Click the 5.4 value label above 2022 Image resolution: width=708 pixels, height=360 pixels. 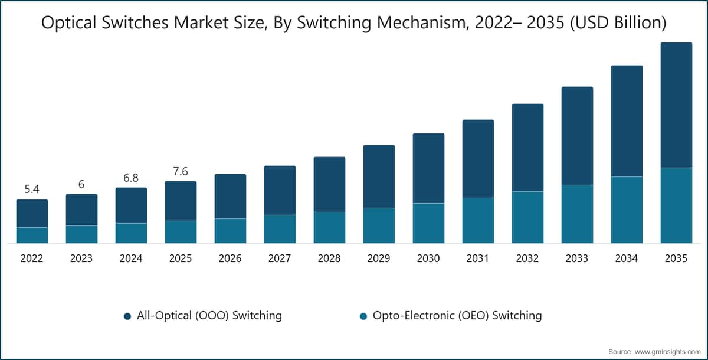click(x=32, y=189)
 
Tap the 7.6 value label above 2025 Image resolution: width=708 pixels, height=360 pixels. click(x=181, y=171)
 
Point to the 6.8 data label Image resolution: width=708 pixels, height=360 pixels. click(x=131, y=178)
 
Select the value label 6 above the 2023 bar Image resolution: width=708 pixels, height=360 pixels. click(x=81, y=184)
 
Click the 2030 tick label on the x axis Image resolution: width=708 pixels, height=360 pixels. click(x=428, y=258)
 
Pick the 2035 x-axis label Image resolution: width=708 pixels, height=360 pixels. click(x=676, y=258)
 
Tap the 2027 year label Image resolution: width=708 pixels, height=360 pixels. click(x=280, y=258)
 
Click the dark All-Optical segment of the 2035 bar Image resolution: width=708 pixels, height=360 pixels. click(x=676, y=105)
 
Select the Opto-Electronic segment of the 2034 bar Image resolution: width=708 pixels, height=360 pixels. click(x=627, y=210)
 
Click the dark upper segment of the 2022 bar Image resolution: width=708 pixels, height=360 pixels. click(x=32, y=214)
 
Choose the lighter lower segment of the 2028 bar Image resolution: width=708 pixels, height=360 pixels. click(x=329, y=228)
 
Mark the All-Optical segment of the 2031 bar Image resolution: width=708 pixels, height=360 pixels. click(x=478, y=159)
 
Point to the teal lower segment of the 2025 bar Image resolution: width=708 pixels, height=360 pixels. click(x=181, y=232)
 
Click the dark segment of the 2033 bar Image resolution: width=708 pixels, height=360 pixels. click(x=577, y=136)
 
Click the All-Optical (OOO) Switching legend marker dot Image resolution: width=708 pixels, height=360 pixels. click(x=127, y=316)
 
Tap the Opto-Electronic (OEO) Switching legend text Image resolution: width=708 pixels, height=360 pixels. click(x=457, y=315)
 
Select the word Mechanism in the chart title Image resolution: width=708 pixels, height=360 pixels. click(x=423, y=23)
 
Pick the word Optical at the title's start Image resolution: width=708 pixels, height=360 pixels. click(x=69, y=23)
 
